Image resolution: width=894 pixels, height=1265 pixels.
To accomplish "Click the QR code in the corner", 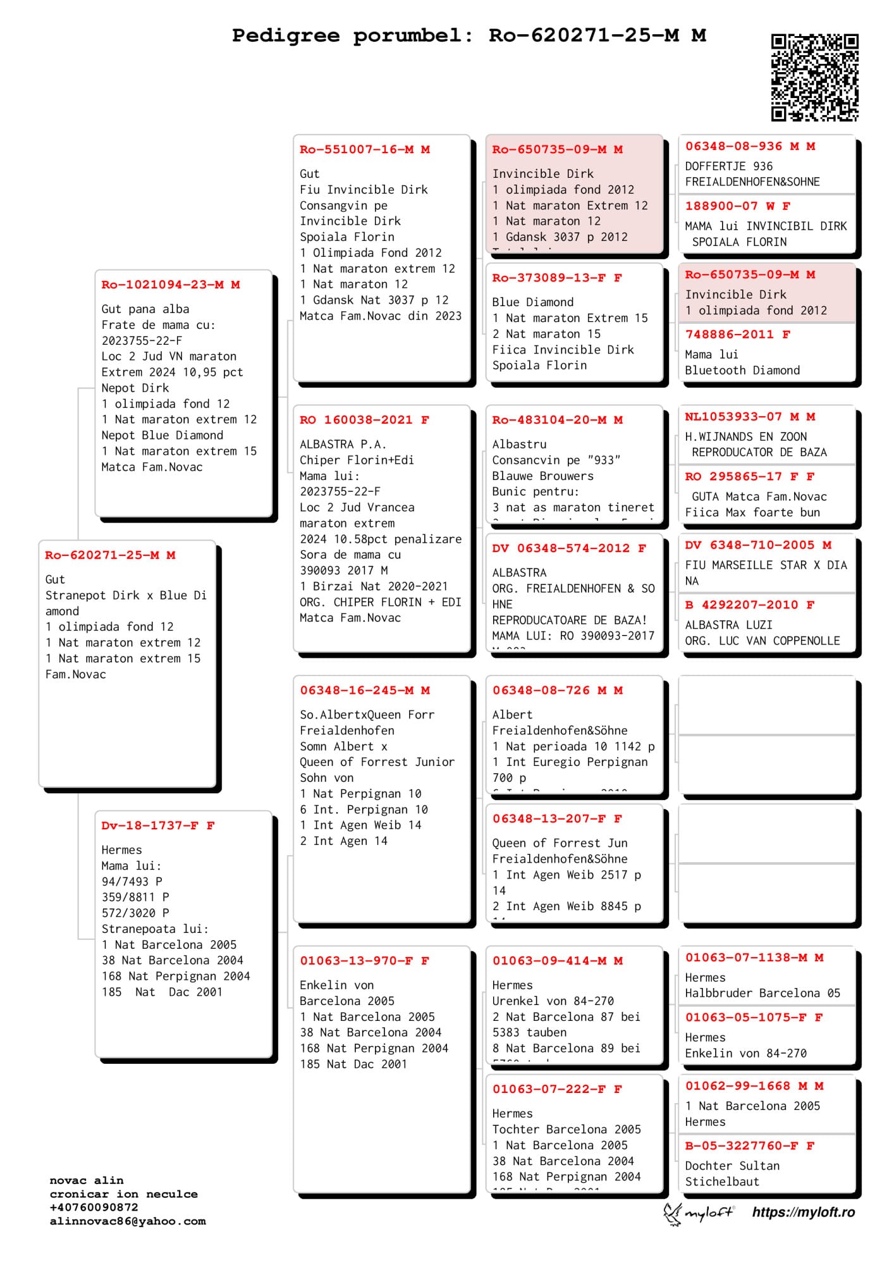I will point(814,78).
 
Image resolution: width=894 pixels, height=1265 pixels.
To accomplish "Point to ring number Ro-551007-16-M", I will point(357,150).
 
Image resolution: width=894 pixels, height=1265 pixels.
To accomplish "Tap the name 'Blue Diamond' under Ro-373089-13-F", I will point(533,302).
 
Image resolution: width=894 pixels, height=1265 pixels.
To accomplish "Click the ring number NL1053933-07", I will point(733,417).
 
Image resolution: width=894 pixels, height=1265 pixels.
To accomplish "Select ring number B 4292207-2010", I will point(742,605).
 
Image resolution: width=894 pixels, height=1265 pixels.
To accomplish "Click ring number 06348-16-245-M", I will point(357,691).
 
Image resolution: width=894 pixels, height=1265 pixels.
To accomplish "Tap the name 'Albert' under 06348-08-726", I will point(512,715).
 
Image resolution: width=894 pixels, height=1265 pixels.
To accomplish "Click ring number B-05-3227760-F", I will point(742,1146).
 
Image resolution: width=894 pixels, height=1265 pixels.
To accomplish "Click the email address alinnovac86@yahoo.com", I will point(128,1221).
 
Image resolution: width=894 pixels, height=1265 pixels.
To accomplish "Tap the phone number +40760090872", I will point(94,1207).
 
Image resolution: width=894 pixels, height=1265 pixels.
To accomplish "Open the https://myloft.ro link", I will point(803,1213).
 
